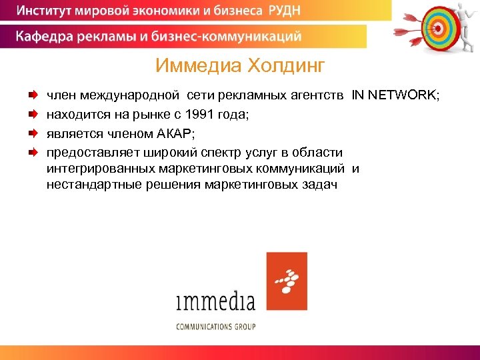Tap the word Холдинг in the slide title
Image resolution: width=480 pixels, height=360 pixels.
click(x=286, y=65)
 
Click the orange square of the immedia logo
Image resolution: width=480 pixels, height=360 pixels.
click(x=287, y=281)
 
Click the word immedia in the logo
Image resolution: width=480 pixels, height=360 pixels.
click(x=215, y=301)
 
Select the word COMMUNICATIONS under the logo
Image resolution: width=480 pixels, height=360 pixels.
click(x=204, y=327)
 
